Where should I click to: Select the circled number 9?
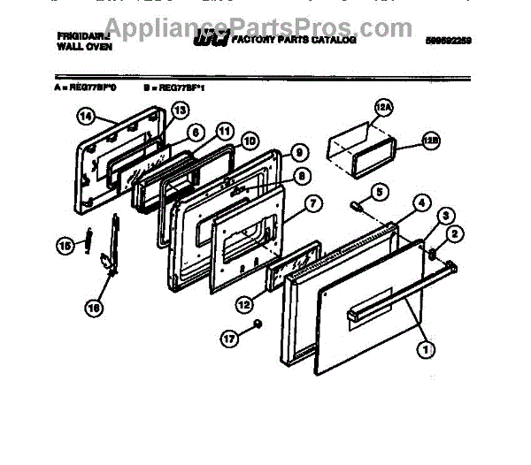click(x=299, y=151)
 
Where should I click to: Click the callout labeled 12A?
click(x=381, y=109)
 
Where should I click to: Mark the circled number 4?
click(x=421, y=203)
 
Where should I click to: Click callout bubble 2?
click(x=454, y=233)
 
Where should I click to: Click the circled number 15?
click(x=64, y=247)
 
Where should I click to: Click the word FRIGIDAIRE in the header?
click(x=80, y=38)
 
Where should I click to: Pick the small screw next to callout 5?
click(x=357, y=207)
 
